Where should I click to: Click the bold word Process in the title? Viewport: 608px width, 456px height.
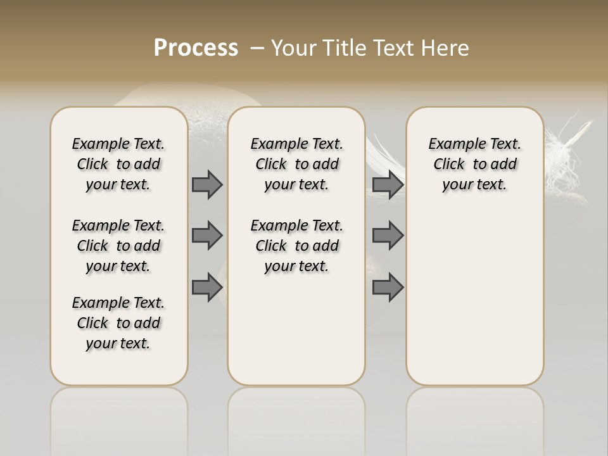[x=196, y=48]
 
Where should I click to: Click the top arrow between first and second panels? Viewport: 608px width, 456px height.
[x=207, y=184]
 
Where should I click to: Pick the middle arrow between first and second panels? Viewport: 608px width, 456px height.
[x=207, y=236]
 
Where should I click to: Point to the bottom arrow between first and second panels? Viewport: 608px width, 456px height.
[x=207, y=288]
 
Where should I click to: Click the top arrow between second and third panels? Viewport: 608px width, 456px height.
[x=388, y=184]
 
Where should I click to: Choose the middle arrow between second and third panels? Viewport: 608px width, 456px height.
[x=388, y=236]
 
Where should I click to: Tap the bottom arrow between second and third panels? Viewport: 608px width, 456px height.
[x=388, y=288]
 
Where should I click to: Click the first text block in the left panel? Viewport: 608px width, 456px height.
[x=118, y=164]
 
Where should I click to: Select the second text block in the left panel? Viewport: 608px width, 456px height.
[x=118, y=246]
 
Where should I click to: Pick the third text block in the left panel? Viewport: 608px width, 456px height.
[x=118, y=323]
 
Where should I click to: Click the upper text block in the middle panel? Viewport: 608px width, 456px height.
[x=296, y=164]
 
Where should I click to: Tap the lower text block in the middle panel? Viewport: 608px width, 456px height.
[x=296, y=246]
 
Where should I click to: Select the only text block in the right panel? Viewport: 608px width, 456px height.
[x=474, y=164]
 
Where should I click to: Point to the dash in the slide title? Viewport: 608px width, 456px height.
[x=256, y=48]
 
